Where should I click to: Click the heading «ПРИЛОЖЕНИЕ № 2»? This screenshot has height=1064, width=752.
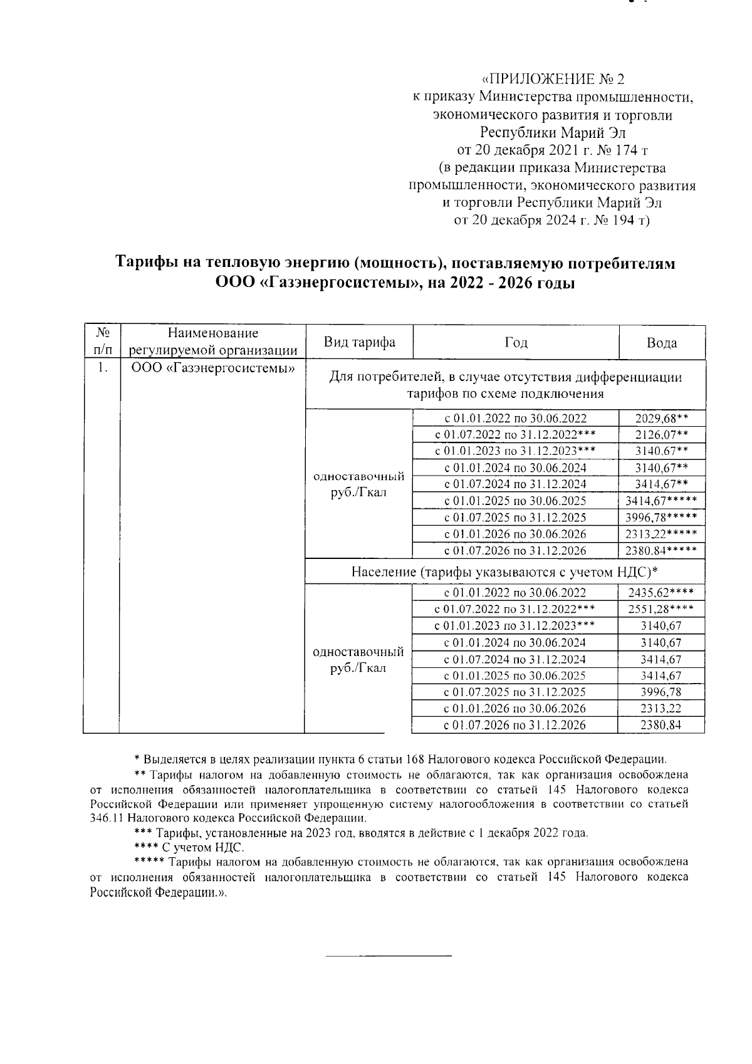[553, 80]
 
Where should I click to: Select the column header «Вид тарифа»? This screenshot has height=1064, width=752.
[359, 342]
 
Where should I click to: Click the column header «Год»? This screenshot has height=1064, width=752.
[516, 342]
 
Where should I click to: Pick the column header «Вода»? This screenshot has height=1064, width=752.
[662, 343]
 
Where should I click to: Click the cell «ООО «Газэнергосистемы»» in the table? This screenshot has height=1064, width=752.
[213, 368]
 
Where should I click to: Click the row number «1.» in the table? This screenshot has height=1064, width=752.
[103, 368]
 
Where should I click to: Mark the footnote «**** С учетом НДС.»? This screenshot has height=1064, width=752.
[189, 848]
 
